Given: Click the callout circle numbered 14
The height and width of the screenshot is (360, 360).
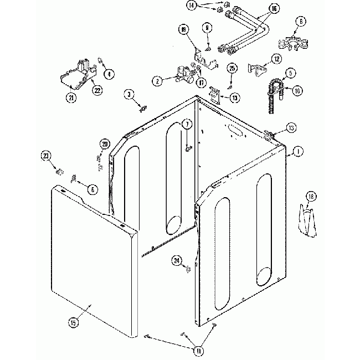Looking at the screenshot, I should [206, 6].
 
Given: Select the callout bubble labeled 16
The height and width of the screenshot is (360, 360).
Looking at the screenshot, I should [274, 9].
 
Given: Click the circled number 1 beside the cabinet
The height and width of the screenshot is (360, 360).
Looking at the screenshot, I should [298, 151].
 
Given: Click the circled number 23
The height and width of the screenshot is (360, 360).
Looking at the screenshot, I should [46, 156].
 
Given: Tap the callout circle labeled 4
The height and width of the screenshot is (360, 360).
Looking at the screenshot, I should [109, 73].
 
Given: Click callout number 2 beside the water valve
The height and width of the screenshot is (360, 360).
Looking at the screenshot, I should [158, 81].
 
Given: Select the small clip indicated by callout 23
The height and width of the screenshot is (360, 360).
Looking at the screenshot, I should [58, 168].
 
